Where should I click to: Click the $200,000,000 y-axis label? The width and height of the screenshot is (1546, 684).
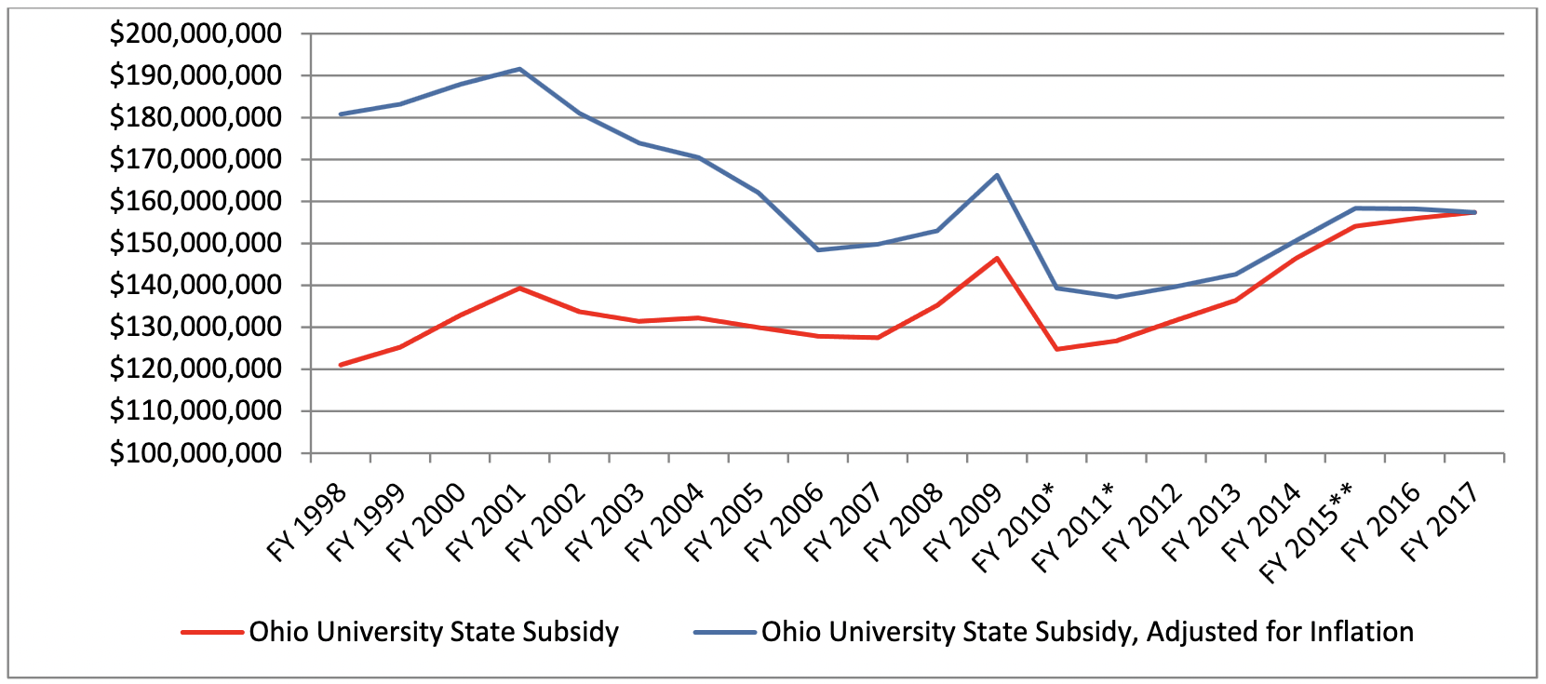[195, 34]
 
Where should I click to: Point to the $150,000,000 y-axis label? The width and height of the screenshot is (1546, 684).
[195, 244]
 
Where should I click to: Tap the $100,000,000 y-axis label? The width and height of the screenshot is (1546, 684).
[195, 453]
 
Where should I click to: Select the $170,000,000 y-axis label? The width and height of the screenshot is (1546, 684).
[195, 160]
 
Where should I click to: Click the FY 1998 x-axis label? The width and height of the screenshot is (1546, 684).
[306, 523]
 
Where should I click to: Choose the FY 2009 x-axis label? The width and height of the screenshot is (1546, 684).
[962, 523]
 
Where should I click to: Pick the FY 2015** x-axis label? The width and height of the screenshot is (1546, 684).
[1307, 533]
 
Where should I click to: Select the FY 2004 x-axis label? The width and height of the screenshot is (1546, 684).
[664, 523]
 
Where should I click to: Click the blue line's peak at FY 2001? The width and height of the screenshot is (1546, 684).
[519, 69]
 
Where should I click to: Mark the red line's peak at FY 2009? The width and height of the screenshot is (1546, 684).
[997, 258]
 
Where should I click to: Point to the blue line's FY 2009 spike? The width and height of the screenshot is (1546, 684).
[997, 175]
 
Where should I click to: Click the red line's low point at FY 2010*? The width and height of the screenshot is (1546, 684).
[1056, 349]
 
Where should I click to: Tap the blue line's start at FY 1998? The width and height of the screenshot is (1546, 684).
[341, 114]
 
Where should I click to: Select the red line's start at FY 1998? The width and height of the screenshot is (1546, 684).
[341, 365]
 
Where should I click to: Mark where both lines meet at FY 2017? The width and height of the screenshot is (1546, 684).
[1474, 212]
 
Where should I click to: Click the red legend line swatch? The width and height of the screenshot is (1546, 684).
[212, 633]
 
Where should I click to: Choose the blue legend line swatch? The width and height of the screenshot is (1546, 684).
[724, 633]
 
